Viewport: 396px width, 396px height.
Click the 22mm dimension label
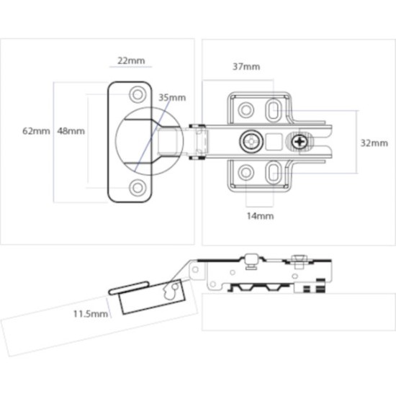(x=130, y=60)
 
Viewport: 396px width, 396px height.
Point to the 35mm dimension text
(x=171, y=97)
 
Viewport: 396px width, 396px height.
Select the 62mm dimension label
(x=36, y=131)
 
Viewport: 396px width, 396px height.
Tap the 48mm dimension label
(x=71, y=131)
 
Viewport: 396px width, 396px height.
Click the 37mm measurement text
(x=246, y=67)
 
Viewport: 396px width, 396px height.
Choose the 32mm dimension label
(x=374, y=143)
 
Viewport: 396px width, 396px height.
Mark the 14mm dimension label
(x=260, y=215)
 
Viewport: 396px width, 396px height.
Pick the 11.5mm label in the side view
(x=90, y=314)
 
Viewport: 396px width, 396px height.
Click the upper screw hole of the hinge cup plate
(x=136, y=94)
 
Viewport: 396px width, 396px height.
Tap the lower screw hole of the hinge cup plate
(x=136, y=188)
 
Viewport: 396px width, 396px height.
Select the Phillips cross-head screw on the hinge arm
(x=301, y=142)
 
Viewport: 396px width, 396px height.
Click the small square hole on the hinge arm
(x=274, y=141)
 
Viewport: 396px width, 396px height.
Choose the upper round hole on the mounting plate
(x=246, y=109)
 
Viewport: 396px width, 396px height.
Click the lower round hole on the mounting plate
(x=246, y=173)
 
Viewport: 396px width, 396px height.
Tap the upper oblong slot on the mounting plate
(x=274, y=109)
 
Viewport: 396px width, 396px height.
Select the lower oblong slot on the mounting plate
(x=274, y=173)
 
